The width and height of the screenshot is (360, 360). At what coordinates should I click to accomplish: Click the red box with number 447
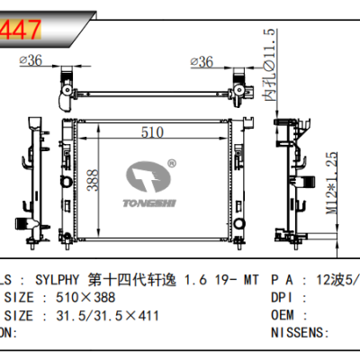pos(20,29)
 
